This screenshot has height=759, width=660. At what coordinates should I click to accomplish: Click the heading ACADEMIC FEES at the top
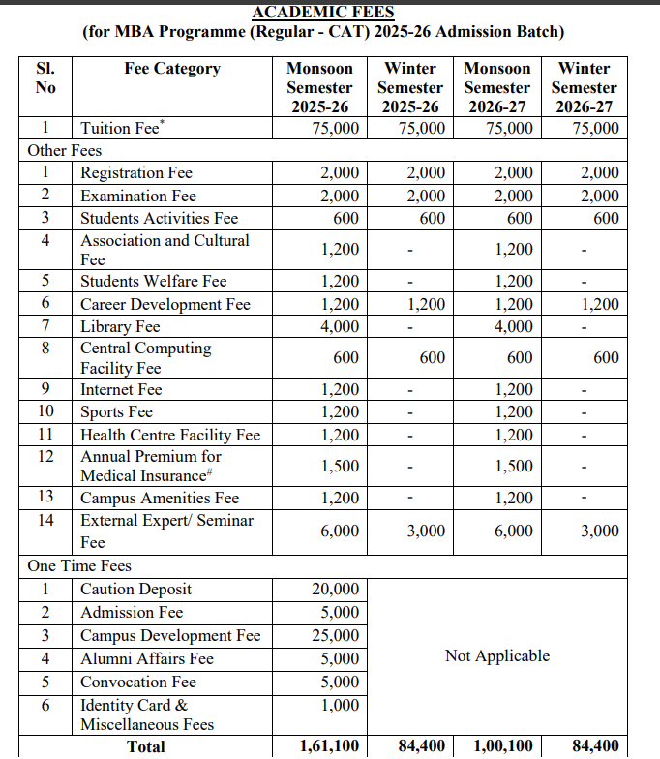pyautogui.click(x=323, y=12)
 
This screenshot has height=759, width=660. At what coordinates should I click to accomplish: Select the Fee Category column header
pyautogui.click(x=172, y=69)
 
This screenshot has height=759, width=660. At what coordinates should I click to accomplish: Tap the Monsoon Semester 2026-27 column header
pyautogui.click(x=497, y=87)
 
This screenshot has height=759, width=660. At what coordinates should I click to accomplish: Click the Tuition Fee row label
pyautogui.click(x=120, y=129)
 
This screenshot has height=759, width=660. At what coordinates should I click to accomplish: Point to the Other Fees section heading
pyautogui.click(x=64, y=150)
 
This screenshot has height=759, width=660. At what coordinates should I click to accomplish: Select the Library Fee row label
pyautogui.click(x=120, y=326)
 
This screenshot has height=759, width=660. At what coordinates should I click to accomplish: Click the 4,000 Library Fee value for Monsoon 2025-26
pyautogui.click(x=340, y=326)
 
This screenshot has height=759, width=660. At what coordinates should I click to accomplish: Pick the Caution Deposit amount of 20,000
pyautogui.click(x=336, y=589)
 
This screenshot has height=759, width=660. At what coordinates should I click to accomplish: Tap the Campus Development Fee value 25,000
pyautogui.click(x=336, y=635)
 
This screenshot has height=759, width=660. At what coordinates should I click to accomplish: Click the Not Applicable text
pyautogui.click(x=496, y=655)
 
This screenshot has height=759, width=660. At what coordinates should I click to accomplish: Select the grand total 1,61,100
pyautogui.click(x=330, y=745)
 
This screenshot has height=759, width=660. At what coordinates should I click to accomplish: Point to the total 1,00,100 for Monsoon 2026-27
pyautogui.click(x=502, y=745)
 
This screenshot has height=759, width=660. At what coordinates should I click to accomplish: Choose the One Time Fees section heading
pyautogui.click(x=79, y=565)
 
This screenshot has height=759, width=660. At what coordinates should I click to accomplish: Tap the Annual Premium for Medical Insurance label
pyautogui.click(x=151, y=466)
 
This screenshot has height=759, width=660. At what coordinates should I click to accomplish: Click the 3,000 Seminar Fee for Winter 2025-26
pyautogui.click(x=426, y=531)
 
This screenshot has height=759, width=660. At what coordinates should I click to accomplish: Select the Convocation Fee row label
pyautogui.click(x=138, y=682)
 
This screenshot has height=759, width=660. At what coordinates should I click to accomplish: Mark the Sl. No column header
pyautogui.click(x=45, y=77)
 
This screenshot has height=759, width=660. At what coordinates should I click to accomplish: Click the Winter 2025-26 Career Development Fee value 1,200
pyautogui.click(x=426, y=304)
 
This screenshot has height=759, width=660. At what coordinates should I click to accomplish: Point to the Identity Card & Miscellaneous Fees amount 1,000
pyautogui.click(x=340, y=705)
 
